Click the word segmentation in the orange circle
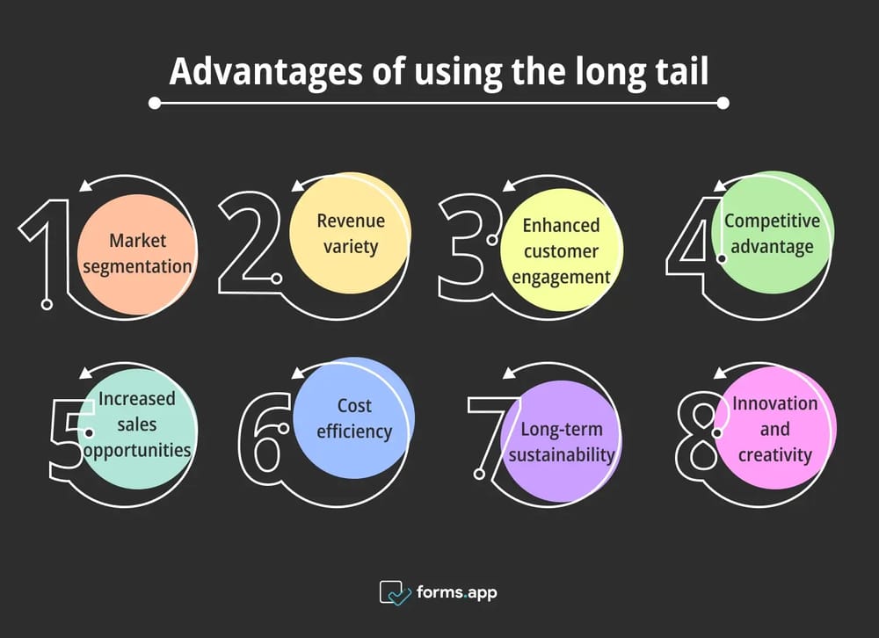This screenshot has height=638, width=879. click(x=137, y=267)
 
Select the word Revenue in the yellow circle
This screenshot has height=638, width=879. click(x=351, y=221)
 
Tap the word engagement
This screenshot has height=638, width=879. click(x=561, y=278)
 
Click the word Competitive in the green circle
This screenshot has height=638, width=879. click(x=772, y=221)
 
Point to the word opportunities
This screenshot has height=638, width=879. click(x=137, y=451)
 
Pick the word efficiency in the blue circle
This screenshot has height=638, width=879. click(x=354, y=431)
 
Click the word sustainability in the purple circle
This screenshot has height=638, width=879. click(x=561, y=454)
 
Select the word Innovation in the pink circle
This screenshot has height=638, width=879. click(x=774, y=403)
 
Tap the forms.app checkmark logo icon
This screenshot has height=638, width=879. click(x=396, y=592)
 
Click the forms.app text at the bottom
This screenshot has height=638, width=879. click(x=457, y=592)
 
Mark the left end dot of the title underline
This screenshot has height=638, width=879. click(x=155, y=103)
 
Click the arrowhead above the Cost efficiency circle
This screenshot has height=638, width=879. click(x=299, y=372)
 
